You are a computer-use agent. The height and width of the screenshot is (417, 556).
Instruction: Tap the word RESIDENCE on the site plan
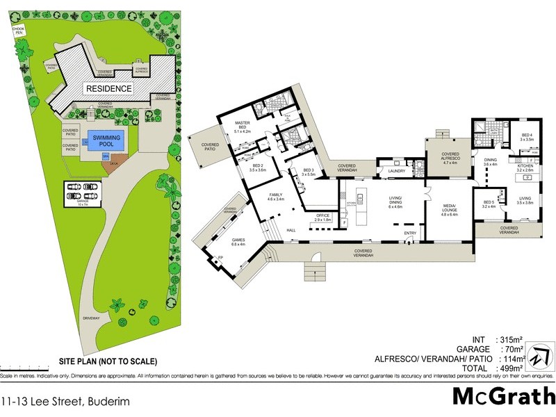coord(108,88)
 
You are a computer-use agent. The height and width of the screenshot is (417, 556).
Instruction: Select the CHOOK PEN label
coord(19,30)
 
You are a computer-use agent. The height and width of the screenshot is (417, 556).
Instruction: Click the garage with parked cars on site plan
coord(83,194)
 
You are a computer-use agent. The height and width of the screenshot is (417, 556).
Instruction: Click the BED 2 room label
coord(248,167)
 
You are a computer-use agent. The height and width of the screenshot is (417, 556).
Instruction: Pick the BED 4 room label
coord(527,137)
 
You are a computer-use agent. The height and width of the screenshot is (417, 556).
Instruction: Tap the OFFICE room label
coord(322,217)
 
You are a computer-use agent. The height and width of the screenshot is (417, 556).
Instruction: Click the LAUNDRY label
coord(397,170)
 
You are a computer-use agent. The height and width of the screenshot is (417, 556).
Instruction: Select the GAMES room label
coord(238,243)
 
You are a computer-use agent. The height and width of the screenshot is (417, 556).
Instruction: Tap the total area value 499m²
coord(510,367)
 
